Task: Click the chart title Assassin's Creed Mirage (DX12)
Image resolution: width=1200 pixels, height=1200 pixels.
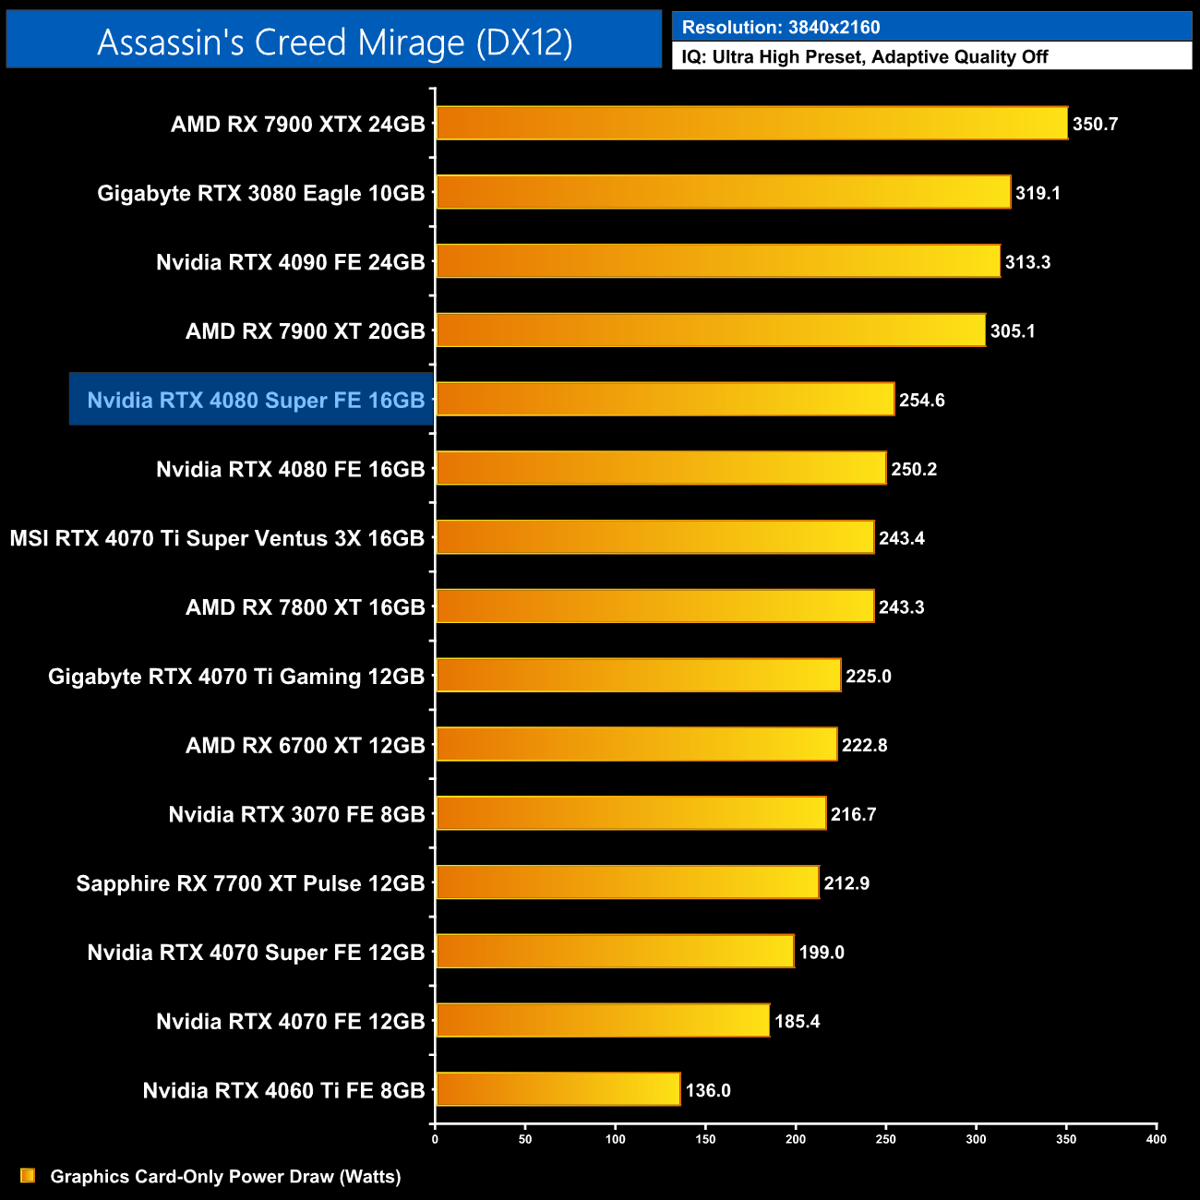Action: click(334, 42)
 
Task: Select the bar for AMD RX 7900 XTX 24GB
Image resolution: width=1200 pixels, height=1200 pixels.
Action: click(751, 124)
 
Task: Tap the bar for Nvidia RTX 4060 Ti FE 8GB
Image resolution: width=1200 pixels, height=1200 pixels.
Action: click(558, 1090)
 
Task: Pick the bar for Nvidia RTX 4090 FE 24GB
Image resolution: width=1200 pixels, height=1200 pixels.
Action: click(717, 262)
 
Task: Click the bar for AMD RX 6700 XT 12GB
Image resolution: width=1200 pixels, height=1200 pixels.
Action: click(636, 745)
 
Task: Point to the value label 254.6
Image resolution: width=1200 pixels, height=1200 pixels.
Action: click(921, 401)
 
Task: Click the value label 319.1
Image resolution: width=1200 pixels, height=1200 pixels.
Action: click(1038, 193)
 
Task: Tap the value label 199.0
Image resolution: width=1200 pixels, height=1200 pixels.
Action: click(822, 953)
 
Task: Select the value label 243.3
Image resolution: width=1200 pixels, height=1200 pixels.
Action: click(901, 607)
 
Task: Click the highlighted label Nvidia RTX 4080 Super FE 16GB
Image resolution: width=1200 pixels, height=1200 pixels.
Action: click(256, 401)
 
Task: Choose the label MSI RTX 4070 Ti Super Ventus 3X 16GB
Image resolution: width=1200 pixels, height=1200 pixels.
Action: click(217, 538)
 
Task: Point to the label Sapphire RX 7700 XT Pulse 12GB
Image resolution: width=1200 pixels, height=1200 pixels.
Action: click(250, 883)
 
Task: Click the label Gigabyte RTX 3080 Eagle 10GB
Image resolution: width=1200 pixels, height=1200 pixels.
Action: click(261, 193)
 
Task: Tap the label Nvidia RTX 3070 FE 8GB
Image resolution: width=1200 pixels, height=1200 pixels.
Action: click(296, 814)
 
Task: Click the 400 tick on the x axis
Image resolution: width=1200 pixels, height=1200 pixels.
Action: click(1156, 1139)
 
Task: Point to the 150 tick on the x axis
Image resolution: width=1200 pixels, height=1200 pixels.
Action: click(705, 1139)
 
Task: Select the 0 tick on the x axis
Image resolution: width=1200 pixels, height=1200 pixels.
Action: click(435, 1139)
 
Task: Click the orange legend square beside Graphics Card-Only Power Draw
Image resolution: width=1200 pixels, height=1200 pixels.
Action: click(28, 1176)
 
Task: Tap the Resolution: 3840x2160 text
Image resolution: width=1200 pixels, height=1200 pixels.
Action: click(781, 28)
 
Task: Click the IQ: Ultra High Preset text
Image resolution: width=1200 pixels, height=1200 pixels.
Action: click(864, 57)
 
